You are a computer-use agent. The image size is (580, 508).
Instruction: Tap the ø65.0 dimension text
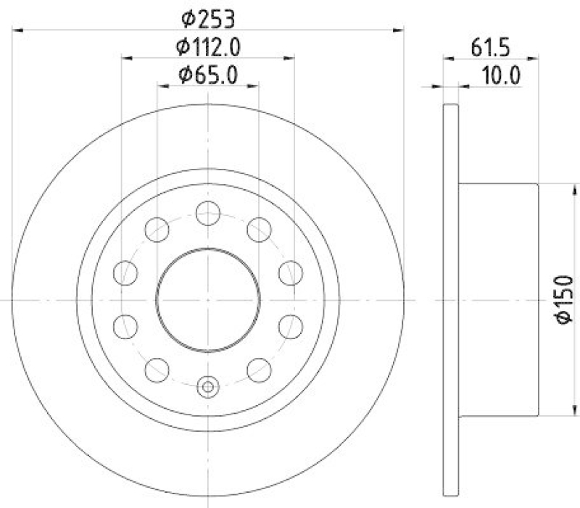[x=208, y=73]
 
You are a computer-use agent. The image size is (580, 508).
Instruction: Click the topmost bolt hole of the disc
[x=208, y=212]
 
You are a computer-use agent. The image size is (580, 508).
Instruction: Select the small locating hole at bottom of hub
[x=208, y=386]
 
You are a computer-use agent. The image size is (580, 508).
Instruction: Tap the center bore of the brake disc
[x=208, y=299]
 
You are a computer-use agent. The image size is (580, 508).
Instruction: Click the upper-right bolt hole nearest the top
[x=259, y=230]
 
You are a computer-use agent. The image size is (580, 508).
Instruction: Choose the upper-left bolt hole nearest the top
[x=157, y=230]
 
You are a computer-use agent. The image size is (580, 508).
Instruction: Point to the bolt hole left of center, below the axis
[x=126, y=325]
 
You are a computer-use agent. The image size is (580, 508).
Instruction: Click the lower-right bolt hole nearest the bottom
[x=259, y=369]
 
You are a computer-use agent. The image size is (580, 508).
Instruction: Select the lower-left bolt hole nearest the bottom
[x=157, y=369]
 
